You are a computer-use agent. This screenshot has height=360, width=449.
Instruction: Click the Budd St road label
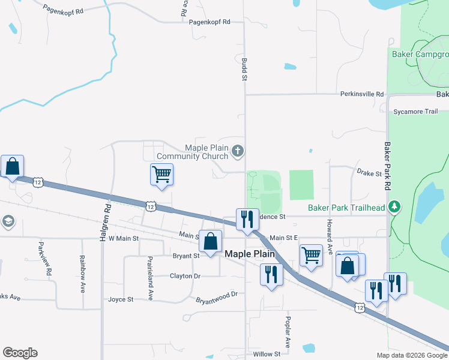tap(245, 70)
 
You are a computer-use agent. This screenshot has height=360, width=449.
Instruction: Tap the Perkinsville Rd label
tap(362, 94)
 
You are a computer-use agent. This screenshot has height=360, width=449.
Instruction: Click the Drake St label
tap(369, 173)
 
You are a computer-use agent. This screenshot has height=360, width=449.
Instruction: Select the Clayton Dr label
tap(184, 276)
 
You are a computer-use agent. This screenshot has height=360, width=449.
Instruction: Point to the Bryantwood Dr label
tap(217, 295)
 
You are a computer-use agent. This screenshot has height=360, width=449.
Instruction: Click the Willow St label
tap(267, 354)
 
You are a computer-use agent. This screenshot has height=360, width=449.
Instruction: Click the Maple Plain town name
tap(250, 254)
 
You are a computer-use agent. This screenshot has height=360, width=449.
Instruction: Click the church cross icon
tap(238, 150)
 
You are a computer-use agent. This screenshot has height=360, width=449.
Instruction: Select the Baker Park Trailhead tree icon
tap(394, 208)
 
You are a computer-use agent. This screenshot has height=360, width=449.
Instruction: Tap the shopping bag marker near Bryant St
tap(210, 242)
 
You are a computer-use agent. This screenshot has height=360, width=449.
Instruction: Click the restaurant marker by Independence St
tap(246, 219)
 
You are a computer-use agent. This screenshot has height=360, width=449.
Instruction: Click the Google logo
tap(20, 353)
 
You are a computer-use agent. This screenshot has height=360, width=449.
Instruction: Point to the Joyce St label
tap(121, 299)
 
